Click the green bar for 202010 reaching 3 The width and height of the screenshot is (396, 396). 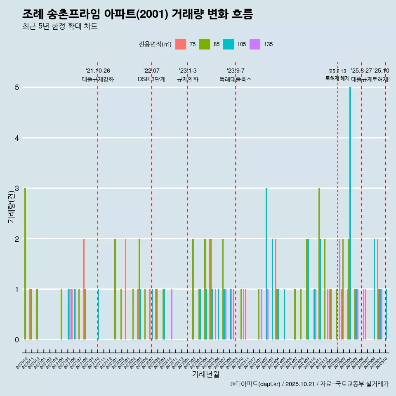pos(25,264)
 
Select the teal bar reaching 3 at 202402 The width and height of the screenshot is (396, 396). pos(266,264)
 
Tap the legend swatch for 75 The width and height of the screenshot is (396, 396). pos(181,44)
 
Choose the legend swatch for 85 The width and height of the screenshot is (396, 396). pos(205,44)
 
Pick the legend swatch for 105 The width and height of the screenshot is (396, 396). pos(228,44)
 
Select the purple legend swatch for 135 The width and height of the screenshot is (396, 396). pos(255,44)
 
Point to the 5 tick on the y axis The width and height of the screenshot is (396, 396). pos(17,87)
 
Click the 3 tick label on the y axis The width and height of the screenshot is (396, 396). pos(17,189)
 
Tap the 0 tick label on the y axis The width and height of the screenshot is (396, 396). pos(17,340)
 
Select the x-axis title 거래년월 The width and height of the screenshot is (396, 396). pos(205,374)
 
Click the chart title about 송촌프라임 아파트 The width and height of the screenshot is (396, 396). pos(137,14)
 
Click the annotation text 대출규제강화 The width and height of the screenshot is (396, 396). pos(98,79)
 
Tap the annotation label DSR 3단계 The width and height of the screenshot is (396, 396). pos(151,79)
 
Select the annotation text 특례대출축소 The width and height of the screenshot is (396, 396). pos(236,79)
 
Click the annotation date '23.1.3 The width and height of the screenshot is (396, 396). pos(188,71)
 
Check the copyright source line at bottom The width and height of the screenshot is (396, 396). pos(309,384)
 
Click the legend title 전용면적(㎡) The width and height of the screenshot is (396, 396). pos(155,44)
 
